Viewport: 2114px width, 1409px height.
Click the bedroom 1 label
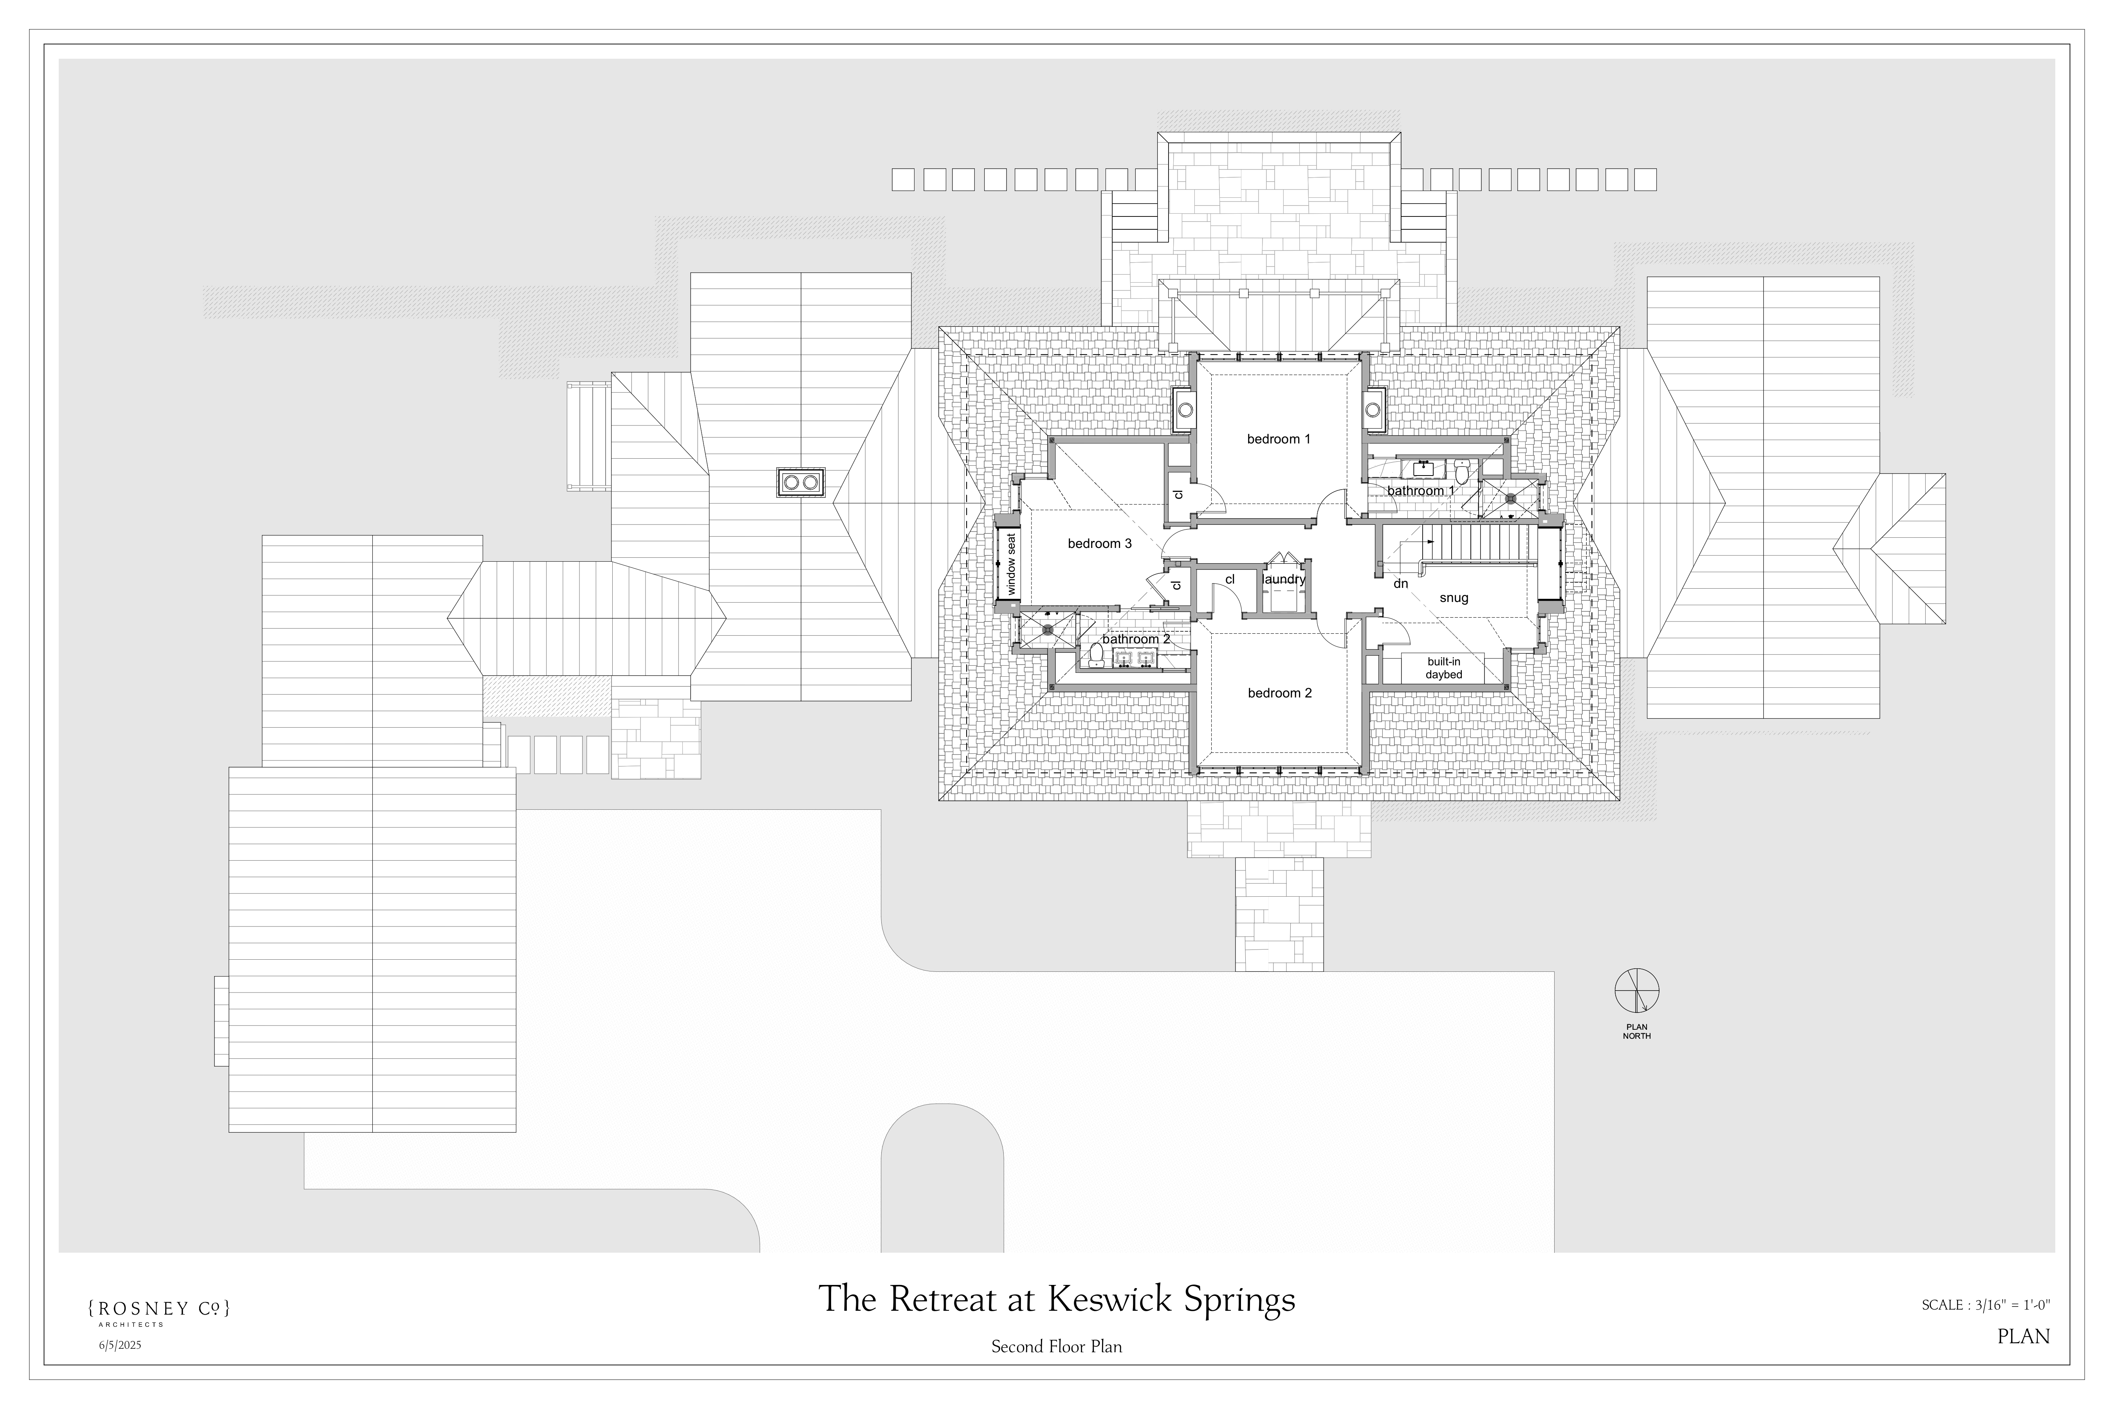(x=1278, y=440)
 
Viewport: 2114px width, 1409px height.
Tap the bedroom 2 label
(x=1279, y=693)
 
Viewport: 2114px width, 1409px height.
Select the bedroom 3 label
(x=1099, y=544)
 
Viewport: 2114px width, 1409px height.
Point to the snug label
(x=1453, y=598)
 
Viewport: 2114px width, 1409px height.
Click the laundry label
(x=1284, y=580)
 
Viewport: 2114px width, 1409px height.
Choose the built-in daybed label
(x=1443, y=668)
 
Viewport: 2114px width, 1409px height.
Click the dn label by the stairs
(x=1400, y=584)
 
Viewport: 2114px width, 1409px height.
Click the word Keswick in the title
(x=1110, y=1299)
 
